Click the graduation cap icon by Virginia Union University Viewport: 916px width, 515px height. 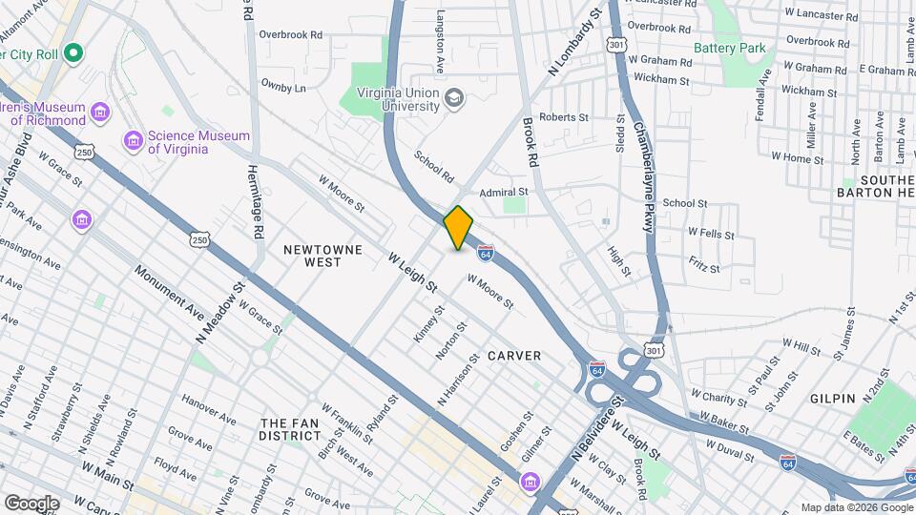(454, 97)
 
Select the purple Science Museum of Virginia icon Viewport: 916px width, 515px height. (135, 142)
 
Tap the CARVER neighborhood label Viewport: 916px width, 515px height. (514, 356)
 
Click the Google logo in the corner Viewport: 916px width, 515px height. (31, 503)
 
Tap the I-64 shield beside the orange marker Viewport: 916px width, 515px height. (486, 254)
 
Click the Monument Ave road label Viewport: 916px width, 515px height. (169, 292)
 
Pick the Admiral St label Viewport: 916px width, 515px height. (504, 193)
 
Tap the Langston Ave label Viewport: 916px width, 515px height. (441, 42)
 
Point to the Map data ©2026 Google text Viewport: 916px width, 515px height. (855, 507)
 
